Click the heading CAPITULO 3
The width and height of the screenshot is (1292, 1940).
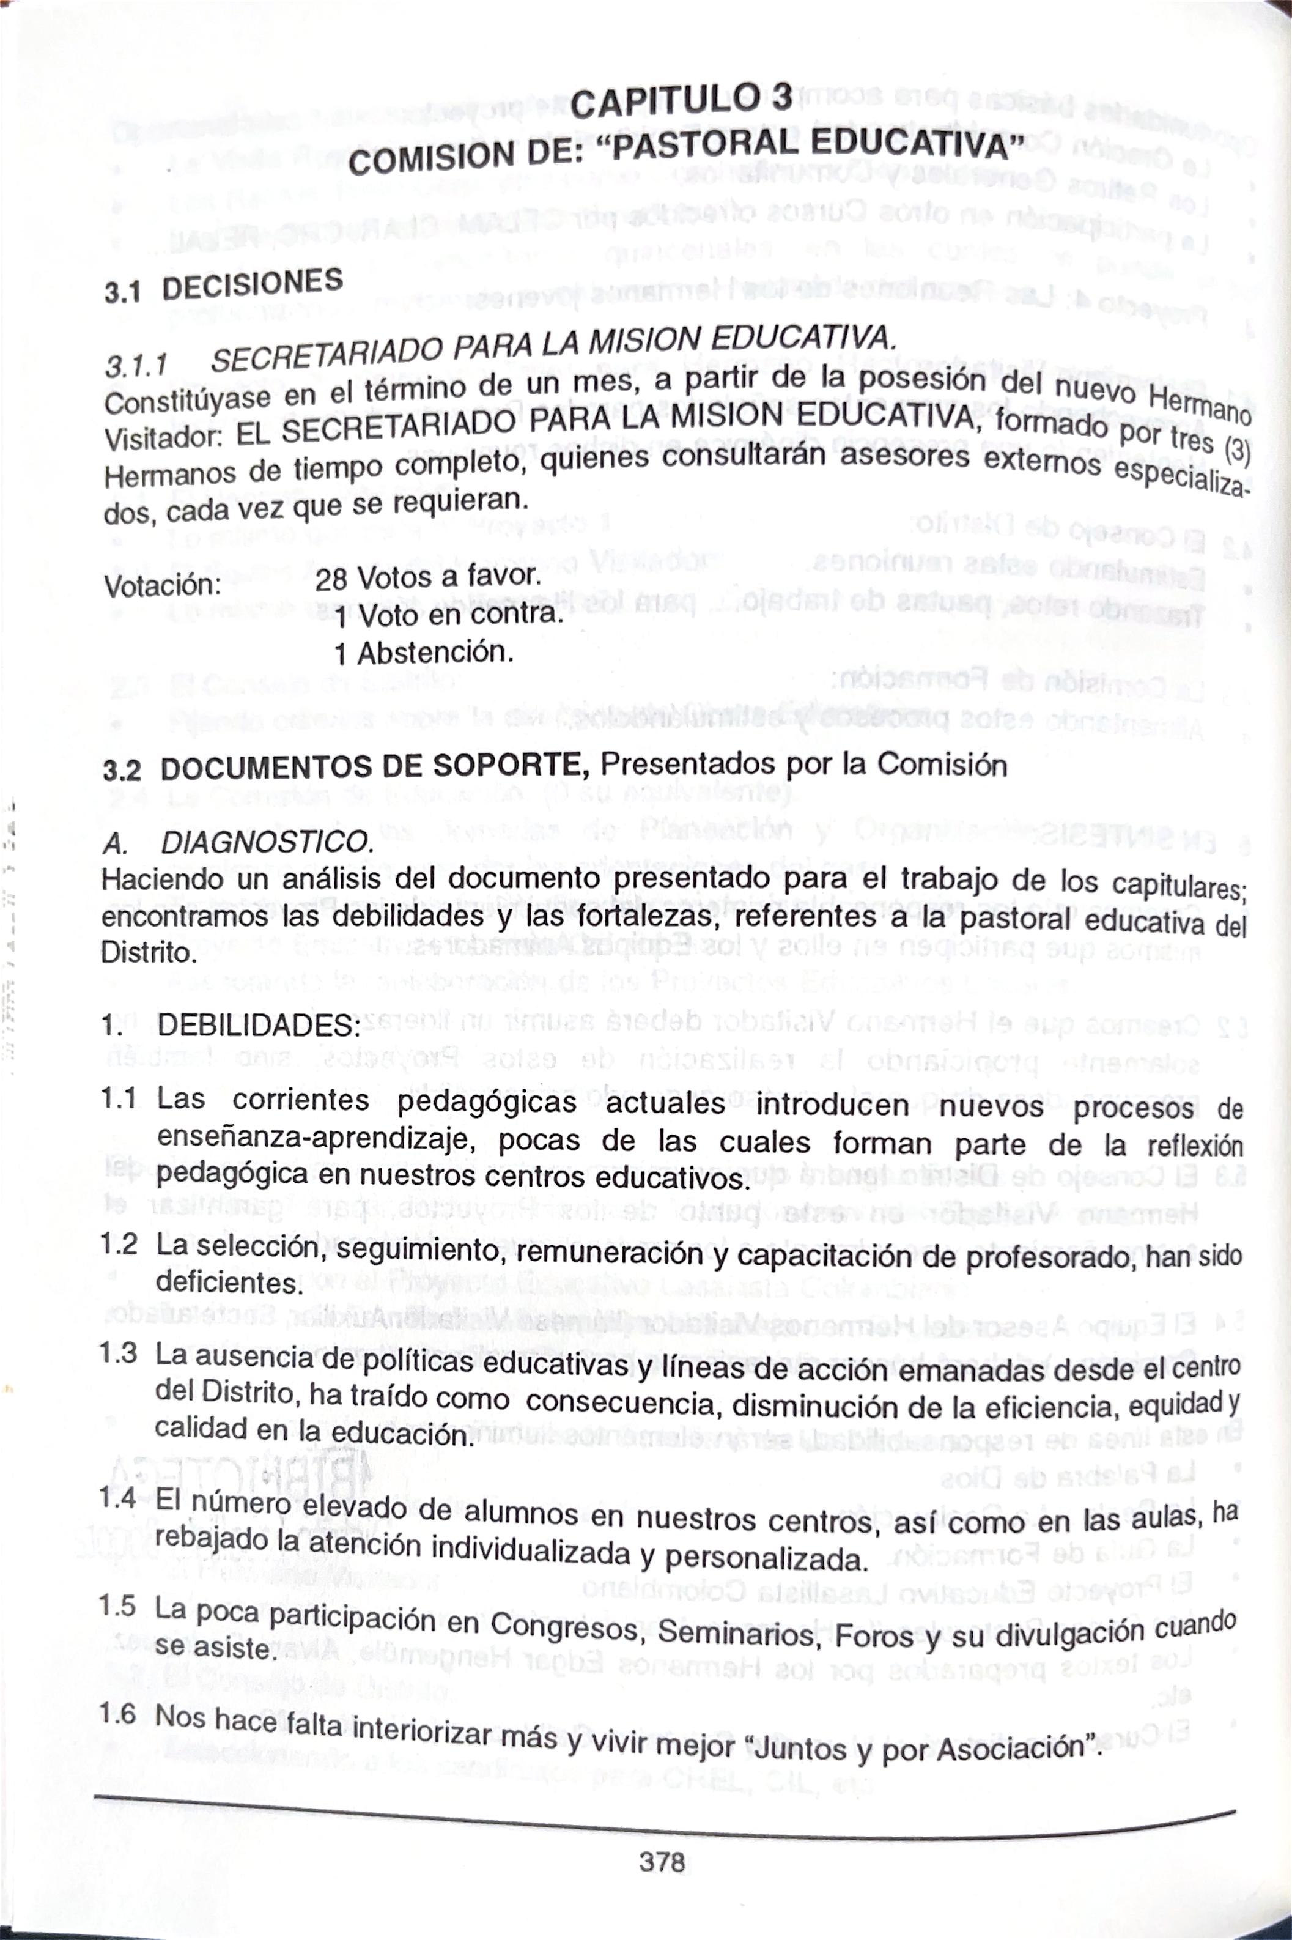tap(681, 102)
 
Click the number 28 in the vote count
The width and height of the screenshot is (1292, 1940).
tap(331, 580)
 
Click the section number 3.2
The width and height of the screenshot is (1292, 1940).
tap(122, 771)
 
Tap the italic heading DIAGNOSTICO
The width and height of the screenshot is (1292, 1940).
tap(266, 842)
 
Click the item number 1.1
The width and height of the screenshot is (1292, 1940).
tap(119, 1098)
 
